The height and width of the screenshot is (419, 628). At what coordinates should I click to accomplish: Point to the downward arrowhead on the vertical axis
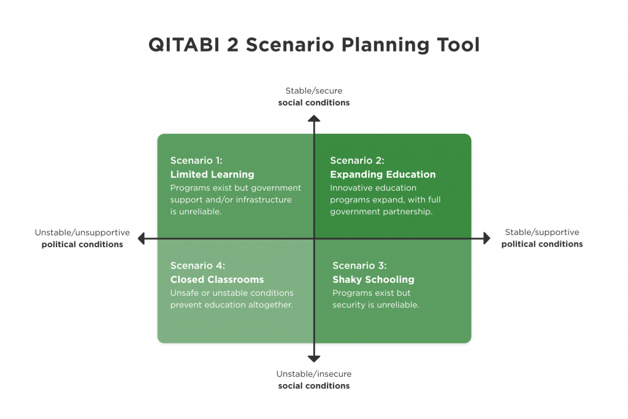[314, 358]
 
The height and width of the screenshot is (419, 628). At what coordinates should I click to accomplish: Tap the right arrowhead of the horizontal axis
[487, 238]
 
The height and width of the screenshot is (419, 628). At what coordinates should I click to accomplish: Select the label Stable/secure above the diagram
[314, 91]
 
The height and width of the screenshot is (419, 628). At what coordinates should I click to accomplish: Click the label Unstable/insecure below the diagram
[314, 374]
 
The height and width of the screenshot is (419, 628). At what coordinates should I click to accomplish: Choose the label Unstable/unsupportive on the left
[82, 233]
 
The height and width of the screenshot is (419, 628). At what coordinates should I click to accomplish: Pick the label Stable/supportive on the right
[542, 233]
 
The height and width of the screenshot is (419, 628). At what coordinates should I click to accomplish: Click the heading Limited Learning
[212, 174]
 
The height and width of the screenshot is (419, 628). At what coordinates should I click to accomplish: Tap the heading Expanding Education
[383, 174]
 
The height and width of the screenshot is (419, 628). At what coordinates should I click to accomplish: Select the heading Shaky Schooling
[373, 279]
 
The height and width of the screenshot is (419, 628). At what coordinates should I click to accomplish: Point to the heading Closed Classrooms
[217, 279]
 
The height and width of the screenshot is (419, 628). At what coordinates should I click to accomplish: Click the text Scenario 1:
[196, 161]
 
